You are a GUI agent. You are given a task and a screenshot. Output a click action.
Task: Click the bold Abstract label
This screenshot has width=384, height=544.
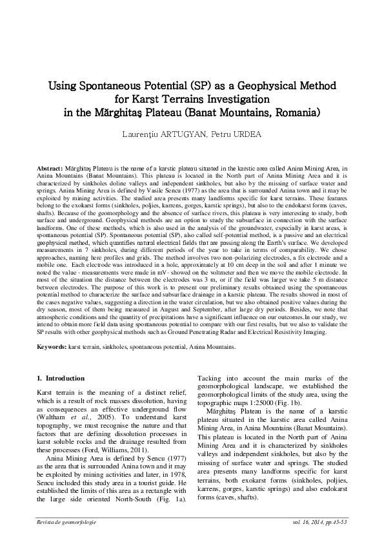(x=49, y=167)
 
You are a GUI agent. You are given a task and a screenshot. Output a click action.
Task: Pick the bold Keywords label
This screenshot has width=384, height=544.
(x=52, y=347)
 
